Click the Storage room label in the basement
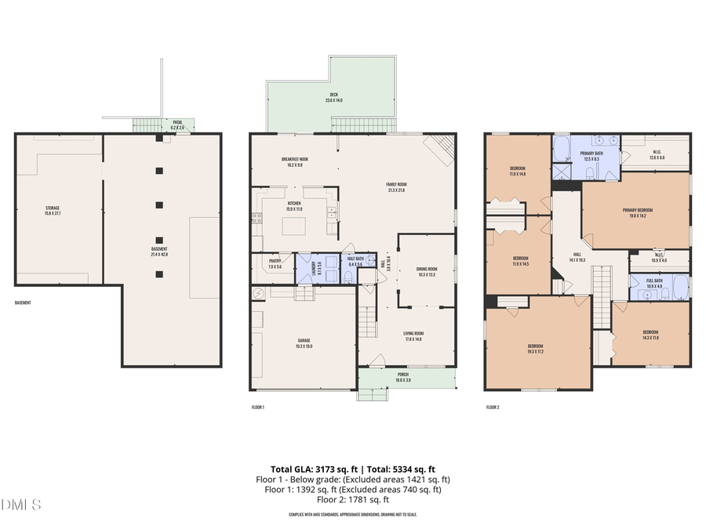52,210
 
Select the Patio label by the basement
177,125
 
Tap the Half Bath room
355,262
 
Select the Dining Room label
427,272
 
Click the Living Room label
413,336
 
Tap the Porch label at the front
402,378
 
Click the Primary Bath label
591,156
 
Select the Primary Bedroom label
637,212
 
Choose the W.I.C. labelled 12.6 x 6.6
657,155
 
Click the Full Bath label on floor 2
654,283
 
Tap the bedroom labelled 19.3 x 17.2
536,348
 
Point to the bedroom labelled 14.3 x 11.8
650,334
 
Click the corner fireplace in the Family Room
439,146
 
